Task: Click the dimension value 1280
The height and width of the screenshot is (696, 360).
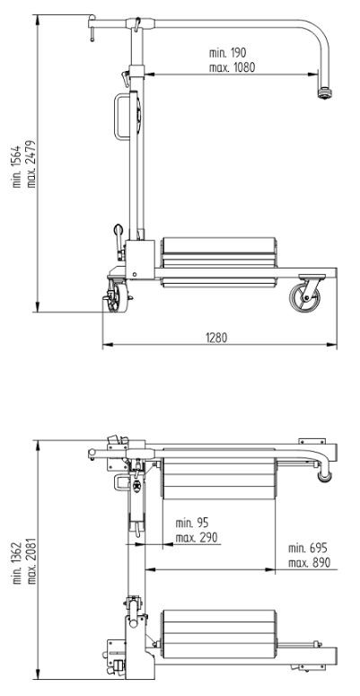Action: [216, 338]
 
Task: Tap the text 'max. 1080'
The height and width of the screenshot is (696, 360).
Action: [233, 67]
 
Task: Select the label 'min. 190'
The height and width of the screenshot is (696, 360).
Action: [227, 53]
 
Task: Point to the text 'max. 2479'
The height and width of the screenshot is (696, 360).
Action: [31, 164]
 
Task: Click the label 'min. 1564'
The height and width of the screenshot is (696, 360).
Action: [16, 166]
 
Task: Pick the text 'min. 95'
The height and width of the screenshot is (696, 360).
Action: [192, 523]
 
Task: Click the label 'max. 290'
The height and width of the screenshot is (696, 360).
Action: [197, 538]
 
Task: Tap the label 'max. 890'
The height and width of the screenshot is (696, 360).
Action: [310, 563]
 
